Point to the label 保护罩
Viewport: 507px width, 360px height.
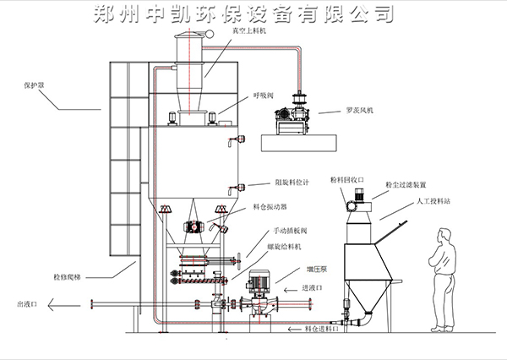pos(34,85)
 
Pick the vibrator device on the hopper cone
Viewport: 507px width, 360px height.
pos(194,226)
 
